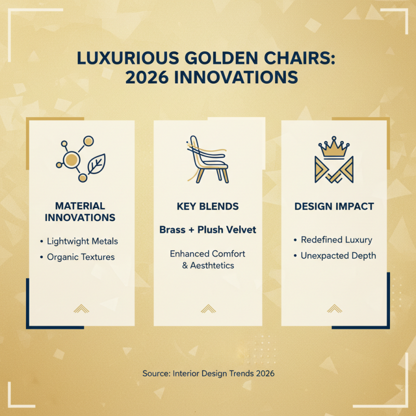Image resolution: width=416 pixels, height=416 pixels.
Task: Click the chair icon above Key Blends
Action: (207, 159)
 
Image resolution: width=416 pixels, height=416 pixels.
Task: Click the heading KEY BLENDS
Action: (207, 206)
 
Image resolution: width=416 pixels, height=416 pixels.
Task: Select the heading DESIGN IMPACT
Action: (334, 206)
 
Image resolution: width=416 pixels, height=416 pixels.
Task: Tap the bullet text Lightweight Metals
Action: (82, 241)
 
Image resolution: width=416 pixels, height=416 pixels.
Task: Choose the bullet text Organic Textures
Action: (81, 257)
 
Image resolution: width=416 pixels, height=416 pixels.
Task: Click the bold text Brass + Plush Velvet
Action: (207, 229)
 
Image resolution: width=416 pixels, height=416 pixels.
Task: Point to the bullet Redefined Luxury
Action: (336, 240)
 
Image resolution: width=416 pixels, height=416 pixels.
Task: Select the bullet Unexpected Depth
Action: (338, 255)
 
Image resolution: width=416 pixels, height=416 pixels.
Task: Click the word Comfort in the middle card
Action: (228, 254)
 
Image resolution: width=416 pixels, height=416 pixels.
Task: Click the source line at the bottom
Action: (208, 373)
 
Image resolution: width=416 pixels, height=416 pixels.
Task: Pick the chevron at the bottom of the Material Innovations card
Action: (81, 308)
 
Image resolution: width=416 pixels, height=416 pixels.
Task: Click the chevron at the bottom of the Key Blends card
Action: (208, 308)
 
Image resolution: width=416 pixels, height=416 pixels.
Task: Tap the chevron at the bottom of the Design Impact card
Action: (334, 308)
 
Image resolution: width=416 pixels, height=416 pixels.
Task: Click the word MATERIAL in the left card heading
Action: (80, 206)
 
